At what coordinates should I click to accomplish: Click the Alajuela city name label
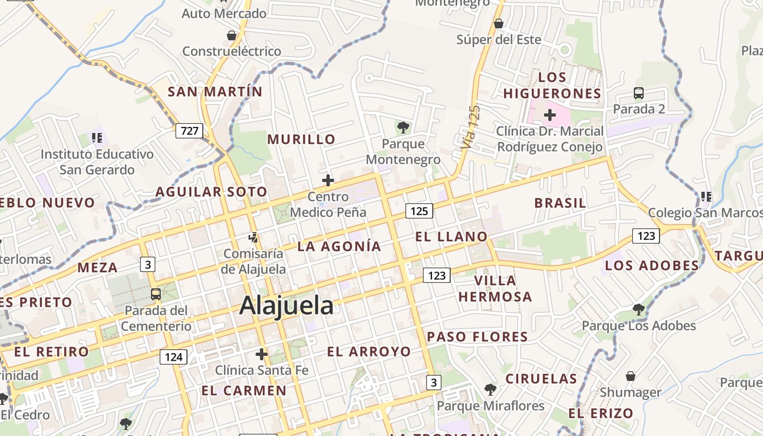point(286,305)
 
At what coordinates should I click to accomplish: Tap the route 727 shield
point(189,131)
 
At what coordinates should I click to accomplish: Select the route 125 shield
point(419,210)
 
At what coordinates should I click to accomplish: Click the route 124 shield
point(173,357)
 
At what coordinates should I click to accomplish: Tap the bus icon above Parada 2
point(639,93)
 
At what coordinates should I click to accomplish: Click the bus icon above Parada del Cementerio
point(155,294)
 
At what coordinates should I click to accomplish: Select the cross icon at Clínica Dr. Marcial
point(550,115)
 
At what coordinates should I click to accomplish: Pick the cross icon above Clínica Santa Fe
point(262,355)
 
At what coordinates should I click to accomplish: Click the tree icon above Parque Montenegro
point(403,128)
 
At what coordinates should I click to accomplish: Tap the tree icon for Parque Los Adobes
point(639,310)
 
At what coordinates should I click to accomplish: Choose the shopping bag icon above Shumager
point(631,376)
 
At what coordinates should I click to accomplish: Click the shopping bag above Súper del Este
point(498,23)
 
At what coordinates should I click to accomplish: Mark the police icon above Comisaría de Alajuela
point(253,238)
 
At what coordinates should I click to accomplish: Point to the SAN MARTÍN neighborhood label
point(215,92)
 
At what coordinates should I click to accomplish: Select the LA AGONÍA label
point(339,246)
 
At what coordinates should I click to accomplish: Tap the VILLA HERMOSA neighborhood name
point(495,288)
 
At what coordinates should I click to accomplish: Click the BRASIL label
point(560,203)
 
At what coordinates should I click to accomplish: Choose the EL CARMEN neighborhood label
point(244,390)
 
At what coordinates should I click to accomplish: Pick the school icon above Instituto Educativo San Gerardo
point(97,137)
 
